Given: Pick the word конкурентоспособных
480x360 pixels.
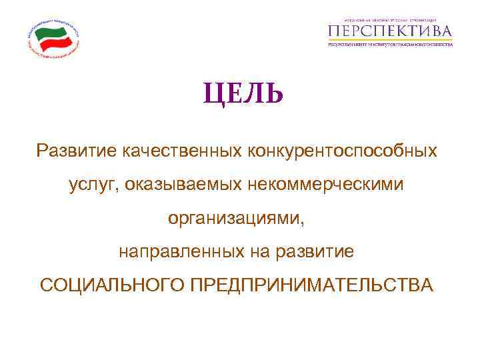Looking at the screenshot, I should [343, 151].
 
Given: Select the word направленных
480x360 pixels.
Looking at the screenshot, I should [180, 252].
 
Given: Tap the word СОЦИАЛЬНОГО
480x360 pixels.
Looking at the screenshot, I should [111, 285].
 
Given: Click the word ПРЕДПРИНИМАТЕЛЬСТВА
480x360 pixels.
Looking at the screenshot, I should [311, 285].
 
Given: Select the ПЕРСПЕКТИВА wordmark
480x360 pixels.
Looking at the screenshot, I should [391, 31].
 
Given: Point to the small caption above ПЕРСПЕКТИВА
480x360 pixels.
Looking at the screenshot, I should [391, 19].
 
